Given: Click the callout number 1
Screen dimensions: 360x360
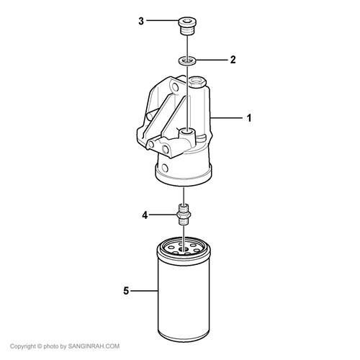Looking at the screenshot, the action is [x=249, y=118].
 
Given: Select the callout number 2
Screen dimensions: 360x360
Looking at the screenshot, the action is [x=233, y=60].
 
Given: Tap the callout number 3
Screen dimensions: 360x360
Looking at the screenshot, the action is [x=141, y=21].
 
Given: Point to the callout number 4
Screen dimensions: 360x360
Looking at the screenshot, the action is [x=145, y=215].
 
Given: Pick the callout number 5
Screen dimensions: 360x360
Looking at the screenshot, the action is [x=126, y=291].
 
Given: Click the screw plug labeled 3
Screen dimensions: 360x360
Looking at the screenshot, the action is [x=187, y=26].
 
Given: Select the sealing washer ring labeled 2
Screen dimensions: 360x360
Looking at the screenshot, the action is [x=187, y=60].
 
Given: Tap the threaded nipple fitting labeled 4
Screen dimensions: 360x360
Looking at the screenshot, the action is [x=184, y=214].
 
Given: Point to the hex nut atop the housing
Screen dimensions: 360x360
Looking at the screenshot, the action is [x=198, y=81].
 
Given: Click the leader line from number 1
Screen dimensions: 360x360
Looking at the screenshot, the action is [x=227, y=118].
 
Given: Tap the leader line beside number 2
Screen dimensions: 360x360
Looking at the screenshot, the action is [x=212, y=60].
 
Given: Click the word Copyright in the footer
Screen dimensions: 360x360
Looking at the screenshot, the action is [x=23, y=346].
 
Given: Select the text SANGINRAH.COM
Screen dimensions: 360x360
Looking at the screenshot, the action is [x=94, y=346].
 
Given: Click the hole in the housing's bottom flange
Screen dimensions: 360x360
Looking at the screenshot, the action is [x=165, y=167].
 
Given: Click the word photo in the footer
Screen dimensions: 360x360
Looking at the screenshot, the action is [x=51, y=346].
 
